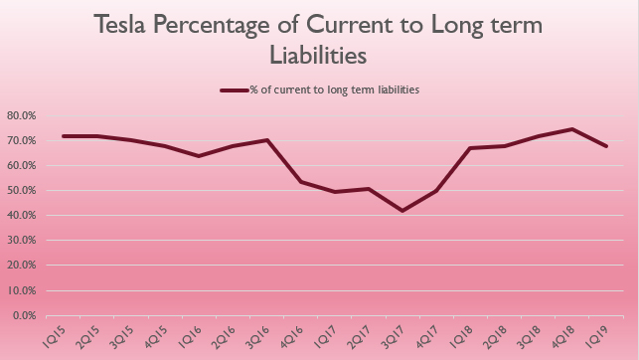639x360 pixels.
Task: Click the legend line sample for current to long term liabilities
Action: click(x=234, y=90)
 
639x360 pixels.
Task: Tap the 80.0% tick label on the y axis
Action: click(x=21, y=115)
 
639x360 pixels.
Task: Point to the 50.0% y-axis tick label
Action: click(x=21, y=191)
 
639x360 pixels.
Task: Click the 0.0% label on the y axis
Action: click(x=23, y=316)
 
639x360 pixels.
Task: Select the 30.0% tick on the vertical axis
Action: click(x=21, y=241)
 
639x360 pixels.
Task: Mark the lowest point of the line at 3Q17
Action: click(x=402, y=211)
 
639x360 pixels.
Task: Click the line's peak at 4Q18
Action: click(x=571, y=129)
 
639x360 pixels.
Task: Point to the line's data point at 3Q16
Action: click(x=267, y=140)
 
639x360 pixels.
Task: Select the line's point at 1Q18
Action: click(x=470, y=148)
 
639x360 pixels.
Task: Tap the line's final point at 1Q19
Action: click(x=605, y=146)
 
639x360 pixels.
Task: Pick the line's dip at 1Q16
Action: click(x=200, y=156)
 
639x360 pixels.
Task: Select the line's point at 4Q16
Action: click(x=301, y=182)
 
